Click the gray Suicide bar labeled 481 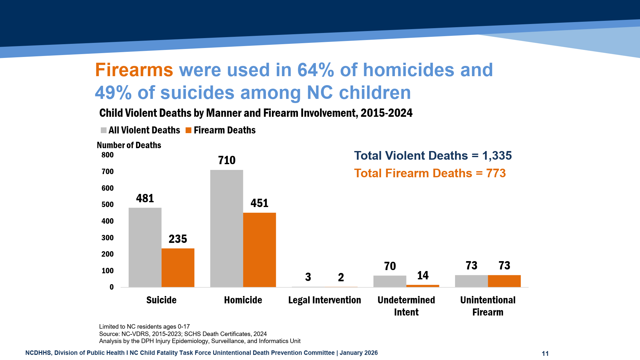click(145, 247)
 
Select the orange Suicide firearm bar click(178, 268)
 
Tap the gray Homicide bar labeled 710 click(227, 228)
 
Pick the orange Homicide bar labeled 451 click(260, 250)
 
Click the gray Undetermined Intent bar click(390, 281)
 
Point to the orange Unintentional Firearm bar click(504, 281)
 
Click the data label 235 click(178, 239)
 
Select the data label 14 click(423, 276)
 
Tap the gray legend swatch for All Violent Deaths click(104, 130)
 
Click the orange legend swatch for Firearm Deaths click(188, 130)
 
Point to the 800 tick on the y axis click(108, 155)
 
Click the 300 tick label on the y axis click(108, 238)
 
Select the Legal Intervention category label click(324, 300)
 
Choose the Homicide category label click(243, 300)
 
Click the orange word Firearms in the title click(134, 70)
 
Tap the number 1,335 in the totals click(497, 156)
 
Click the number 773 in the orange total click(496, 173)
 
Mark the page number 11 click(545, 353)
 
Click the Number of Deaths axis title click(129, 145)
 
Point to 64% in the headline click(316, 70)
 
